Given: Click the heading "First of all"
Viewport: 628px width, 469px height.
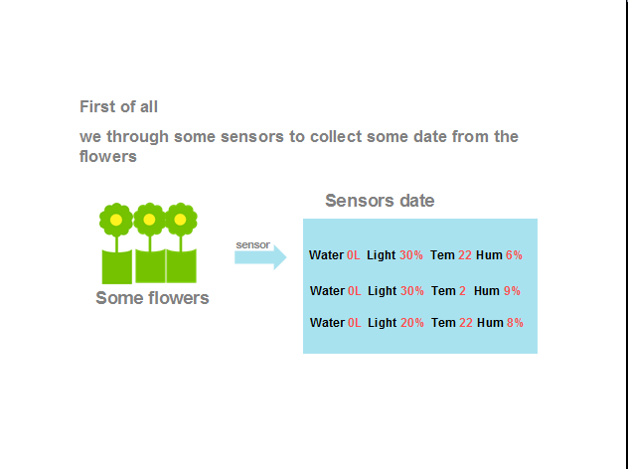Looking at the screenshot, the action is (x=118, y=107).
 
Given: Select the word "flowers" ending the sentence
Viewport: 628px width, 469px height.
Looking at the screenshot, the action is (x=108, y=156).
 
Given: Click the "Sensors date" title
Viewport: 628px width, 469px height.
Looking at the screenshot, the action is (x=380, y=201).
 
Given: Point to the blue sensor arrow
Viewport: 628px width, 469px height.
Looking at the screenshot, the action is (x=260, y=257).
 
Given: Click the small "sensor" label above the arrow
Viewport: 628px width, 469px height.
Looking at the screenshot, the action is (x=252, y=244).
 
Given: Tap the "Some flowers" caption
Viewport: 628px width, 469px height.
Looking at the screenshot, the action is (x=152, y=298).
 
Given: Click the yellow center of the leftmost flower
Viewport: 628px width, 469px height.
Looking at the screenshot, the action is (x=116, y=220).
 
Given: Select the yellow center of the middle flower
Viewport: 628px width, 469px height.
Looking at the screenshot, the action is (x=149, y=220).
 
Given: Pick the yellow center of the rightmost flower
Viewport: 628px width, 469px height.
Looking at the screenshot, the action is (x=180, y=220).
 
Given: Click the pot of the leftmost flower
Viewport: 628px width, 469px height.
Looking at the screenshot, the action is (x=117, y=266).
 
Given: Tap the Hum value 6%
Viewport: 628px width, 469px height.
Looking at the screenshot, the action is (x=514, y=255).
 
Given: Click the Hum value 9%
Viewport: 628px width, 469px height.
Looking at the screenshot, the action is (x=512, y=291).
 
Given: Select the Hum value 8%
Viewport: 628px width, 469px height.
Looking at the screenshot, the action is (x=515, y=323).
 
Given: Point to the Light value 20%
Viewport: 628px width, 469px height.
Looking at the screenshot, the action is (x=412, y=323).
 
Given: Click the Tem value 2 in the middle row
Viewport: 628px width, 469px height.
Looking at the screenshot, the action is (x=462, y=291).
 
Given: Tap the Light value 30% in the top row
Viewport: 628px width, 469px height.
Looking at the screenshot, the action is (x=411, y=255).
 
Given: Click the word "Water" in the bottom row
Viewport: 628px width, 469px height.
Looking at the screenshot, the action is (x=327, y=323).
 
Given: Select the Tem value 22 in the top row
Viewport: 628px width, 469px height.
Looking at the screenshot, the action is (x=465, y=255).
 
